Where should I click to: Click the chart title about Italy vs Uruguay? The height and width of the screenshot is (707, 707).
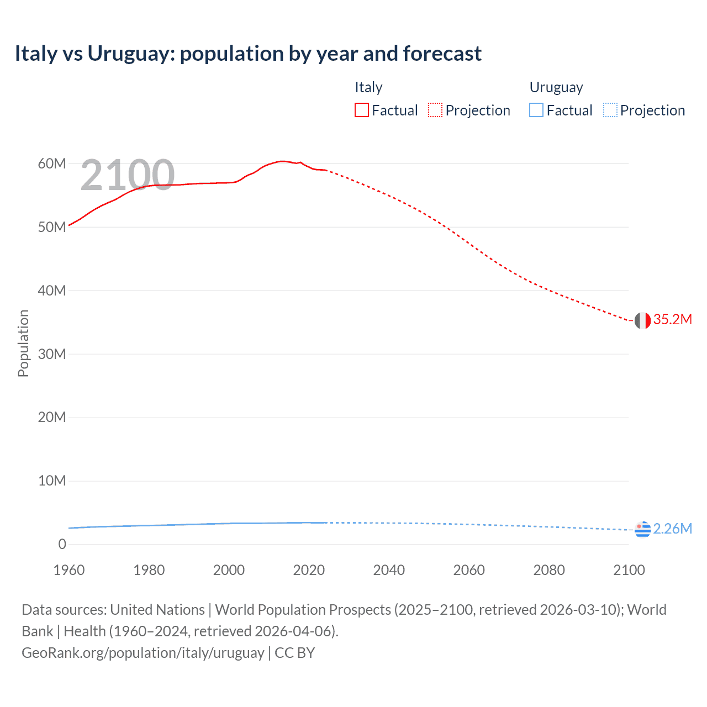point(248,54)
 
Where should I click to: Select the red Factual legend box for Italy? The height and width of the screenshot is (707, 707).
point(361,110)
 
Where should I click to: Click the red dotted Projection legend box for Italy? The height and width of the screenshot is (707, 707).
point(435,110)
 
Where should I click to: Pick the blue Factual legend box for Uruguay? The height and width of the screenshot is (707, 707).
point(536,110)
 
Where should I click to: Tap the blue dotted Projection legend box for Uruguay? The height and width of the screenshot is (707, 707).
point(610,110)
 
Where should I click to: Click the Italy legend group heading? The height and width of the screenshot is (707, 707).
point(368,87)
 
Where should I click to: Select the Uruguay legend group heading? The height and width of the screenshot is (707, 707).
point(556,87)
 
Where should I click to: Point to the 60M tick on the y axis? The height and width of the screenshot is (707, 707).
point(52,163)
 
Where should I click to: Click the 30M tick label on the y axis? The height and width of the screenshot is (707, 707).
point(52,354)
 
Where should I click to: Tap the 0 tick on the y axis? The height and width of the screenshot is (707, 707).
point(62,544)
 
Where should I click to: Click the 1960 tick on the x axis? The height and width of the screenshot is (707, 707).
point(69,570)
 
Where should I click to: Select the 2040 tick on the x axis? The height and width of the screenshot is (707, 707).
point(389,570)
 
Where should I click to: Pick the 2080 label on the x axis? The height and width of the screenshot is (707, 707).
point(548,570)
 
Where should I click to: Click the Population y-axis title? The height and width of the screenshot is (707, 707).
point(23,343)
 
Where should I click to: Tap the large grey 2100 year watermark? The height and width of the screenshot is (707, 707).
point(128,176)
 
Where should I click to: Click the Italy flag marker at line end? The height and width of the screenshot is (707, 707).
point(642,320)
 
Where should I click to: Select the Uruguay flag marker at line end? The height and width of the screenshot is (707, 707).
point(642,529)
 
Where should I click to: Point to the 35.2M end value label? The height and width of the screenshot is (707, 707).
point(672,319)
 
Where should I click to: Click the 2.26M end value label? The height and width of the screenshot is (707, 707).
point(672,529)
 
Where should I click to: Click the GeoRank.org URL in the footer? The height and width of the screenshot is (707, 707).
point(143,653)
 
